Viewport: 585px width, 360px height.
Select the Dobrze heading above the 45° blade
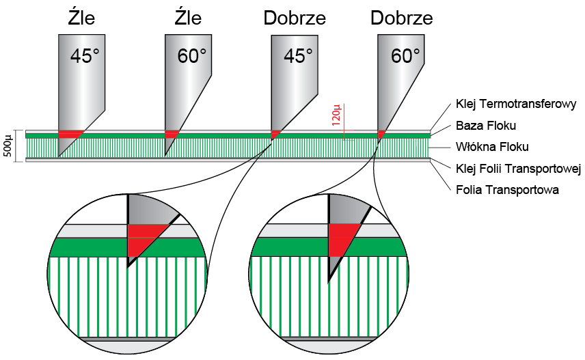coord(294,16)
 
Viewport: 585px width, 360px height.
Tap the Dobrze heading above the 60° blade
coord(401,16)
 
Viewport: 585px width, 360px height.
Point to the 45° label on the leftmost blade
coord(85,55)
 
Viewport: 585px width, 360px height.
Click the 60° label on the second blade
coord(192,55)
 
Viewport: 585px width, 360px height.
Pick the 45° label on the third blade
coord(298,55)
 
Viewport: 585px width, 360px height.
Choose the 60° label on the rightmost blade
coord(405,55)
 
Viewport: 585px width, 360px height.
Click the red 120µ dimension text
coord(336,115)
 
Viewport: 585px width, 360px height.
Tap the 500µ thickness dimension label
coord(7,145)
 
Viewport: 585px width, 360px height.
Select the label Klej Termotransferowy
coord(516,105)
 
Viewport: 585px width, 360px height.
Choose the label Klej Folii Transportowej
coord(517,168)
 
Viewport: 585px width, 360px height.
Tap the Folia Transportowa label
coord(506,189)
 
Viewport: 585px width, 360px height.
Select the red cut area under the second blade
coord(172,134)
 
